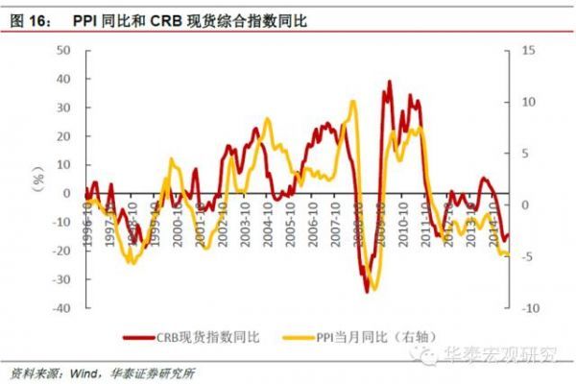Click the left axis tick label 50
(x=64, y=49)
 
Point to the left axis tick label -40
(x=61, y=308)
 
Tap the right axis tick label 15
(x=529, y=49)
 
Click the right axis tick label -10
(x=529, y=308)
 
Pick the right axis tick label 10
(x=529, y=101)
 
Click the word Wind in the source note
(x=90, y=372)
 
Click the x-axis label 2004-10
(x=272, y=220)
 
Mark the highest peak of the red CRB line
(x=389, y=82)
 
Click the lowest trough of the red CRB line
(x=367, y=290)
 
